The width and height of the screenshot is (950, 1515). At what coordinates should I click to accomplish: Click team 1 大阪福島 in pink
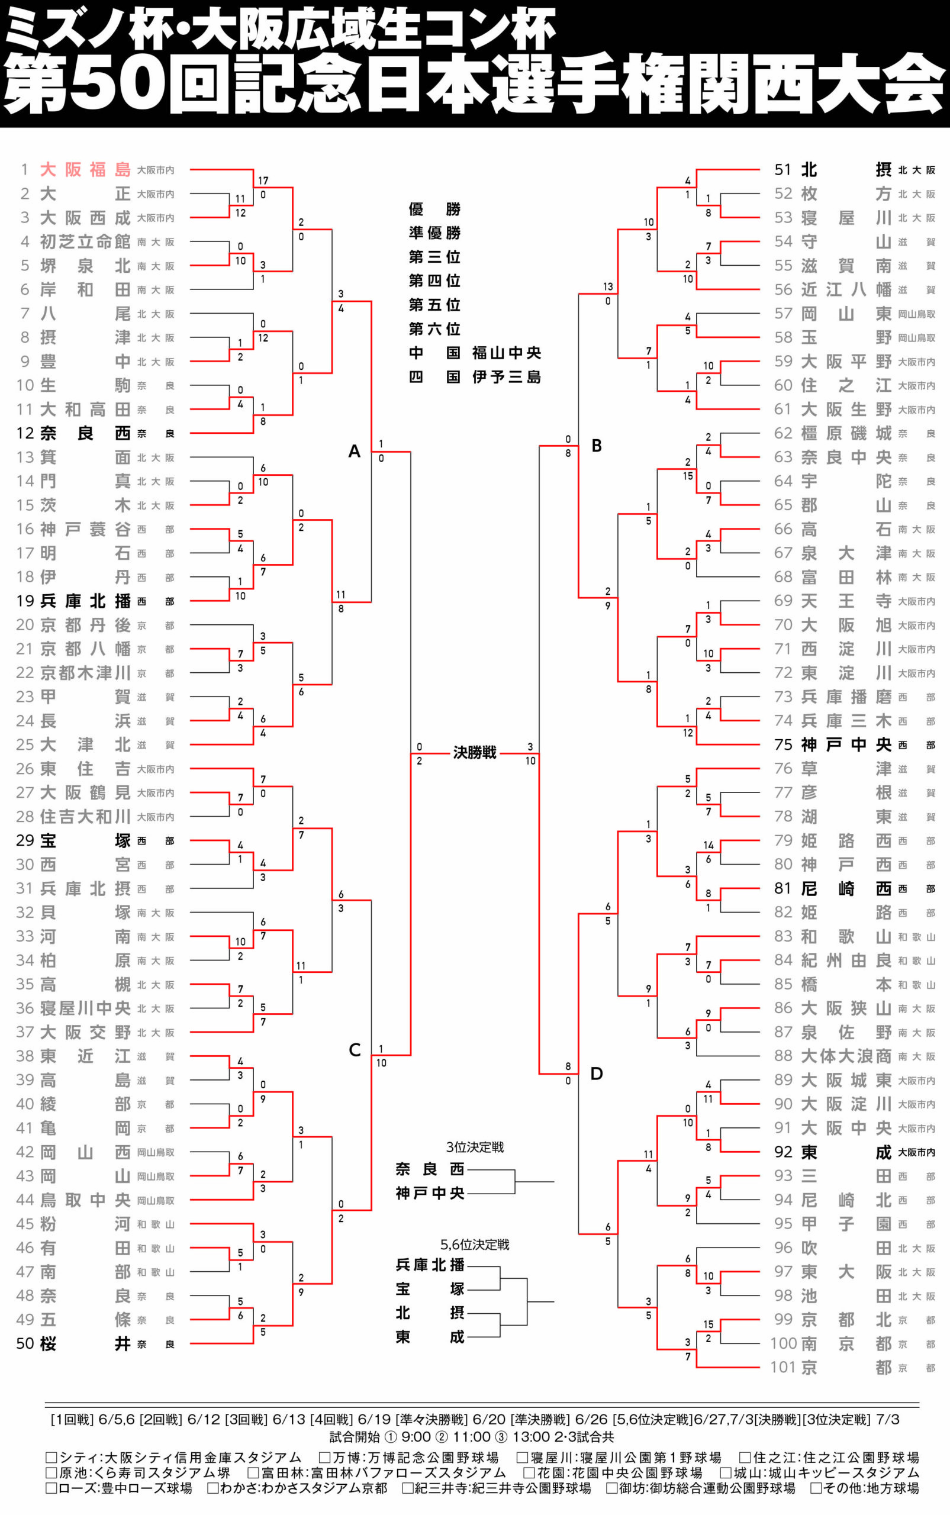point(85,170)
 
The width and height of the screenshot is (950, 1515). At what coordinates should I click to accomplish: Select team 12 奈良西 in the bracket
point(85,433)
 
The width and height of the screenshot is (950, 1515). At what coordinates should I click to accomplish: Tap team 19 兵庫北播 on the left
point(85,601)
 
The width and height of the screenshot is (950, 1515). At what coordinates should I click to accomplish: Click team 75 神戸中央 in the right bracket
point(846,744)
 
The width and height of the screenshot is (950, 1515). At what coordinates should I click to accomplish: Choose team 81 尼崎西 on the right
point(846,888)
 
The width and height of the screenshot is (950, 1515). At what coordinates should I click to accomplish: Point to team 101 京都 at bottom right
point(846,1367)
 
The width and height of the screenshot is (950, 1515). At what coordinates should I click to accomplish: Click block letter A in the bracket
point(355,451)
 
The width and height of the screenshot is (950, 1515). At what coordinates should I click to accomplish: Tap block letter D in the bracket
point(596,1074)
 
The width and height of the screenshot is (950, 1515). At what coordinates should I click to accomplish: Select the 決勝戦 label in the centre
point(474,753)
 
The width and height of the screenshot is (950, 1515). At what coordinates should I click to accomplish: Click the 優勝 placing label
point(434,209)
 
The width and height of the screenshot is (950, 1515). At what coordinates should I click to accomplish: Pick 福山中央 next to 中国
point(507,353)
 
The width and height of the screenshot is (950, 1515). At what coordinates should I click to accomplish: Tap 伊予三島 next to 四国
point(507,377)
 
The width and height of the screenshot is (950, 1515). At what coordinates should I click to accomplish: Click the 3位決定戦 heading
point(474,1147)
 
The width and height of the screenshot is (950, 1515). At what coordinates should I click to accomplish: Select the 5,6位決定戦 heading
point(474,1245)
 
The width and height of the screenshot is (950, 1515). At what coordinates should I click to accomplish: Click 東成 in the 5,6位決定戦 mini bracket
point(430,1337)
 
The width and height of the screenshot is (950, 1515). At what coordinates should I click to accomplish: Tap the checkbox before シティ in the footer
point(51,1457)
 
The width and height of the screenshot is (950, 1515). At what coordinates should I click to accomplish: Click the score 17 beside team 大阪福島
point(263,181)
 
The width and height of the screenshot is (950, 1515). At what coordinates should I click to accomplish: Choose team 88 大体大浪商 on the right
point(846,1056)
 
